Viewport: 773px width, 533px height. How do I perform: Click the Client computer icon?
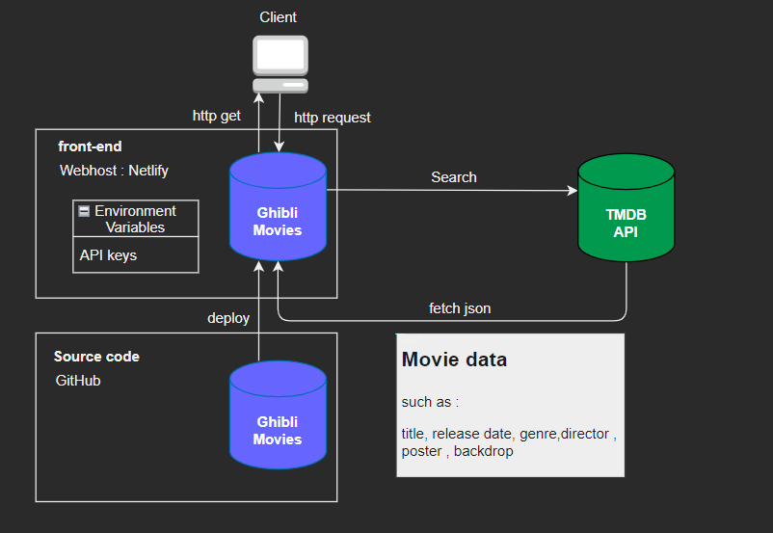click(x=280, y=64)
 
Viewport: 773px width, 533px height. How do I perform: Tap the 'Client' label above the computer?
click(x=279, y=17)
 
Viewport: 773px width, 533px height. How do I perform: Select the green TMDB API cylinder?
click(x=626, y=207)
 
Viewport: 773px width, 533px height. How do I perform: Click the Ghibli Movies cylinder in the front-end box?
click(x=278, y=207)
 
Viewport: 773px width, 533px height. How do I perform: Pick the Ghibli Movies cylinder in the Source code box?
click(x=278, y=415)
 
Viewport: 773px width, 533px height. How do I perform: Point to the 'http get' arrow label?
click(x=217, y=117)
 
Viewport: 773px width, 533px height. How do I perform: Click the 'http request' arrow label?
click(x=333, y=118)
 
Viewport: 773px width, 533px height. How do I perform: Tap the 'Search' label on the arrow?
click(x=453, y=177)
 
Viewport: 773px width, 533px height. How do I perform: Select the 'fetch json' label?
click(x=460, y=309)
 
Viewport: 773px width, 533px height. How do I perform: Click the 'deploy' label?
click(x=228, y=318)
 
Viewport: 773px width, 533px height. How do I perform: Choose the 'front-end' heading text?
click(x=90, y=147)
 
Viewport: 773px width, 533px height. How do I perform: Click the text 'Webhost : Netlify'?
click(x=115, y=171)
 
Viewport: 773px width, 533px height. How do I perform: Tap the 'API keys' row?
click(x=108, y=255)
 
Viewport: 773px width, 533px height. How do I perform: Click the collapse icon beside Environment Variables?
click(x=85, y=211)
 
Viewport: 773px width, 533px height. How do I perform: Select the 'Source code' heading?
click(x=96, y=357)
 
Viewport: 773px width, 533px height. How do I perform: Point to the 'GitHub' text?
click(x=78, y=381)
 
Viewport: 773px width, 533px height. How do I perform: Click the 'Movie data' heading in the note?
click(x=454, y=360)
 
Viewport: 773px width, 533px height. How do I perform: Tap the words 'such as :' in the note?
click(x=430, y=402)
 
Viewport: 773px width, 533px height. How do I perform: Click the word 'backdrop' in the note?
click(x=484, y=451)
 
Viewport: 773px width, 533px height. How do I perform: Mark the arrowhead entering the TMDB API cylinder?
click(x=573, y=191)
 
